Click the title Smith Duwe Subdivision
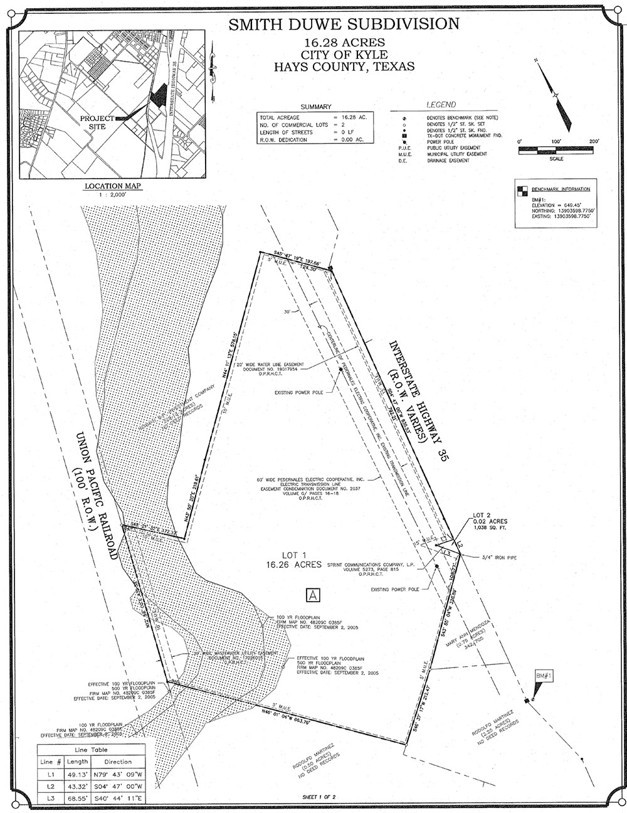point(344,24)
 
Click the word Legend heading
point(441,104)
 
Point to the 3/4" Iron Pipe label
point(499,556)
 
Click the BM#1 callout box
point(543,675)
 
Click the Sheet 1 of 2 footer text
point(320,799)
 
